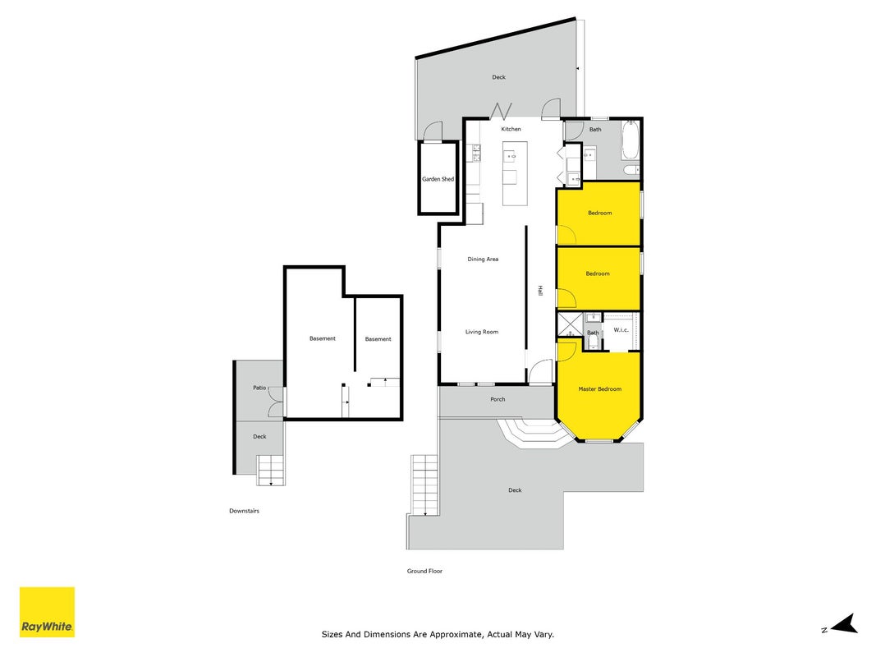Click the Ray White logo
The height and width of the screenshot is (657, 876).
click(47, 612)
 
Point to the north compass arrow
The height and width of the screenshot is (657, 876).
click(844, 624)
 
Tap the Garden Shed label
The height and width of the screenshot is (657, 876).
click(438, 179)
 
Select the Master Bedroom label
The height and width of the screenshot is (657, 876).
click(599, 388)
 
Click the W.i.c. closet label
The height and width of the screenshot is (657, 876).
click(621, 330)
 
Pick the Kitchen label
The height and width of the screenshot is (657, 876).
click(511, 129)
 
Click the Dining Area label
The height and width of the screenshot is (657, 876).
click(483, 260)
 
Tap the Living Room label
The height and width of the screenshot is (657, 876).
click(482, 332)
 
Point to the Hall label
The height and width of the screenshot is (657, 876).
click(540, 290)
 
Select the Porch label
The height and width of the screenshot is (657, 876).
click(498, 399)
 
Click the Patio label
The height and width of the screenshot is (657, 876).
click(259, 388)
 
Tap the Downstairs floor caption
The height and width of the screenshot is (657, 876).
click(244, 511)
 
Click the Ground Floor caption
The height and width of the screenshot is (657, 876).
click(424, 571)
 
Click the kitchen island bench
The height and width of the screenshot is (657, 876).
click(515, 173)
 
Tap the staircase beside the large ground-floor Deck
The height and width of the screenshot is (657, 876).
click(424, 485)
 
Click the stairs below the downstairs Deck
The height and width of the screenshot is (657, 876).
click(271, 471)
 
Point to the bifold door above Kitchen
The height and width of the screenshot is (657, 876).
click(501, 111)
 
